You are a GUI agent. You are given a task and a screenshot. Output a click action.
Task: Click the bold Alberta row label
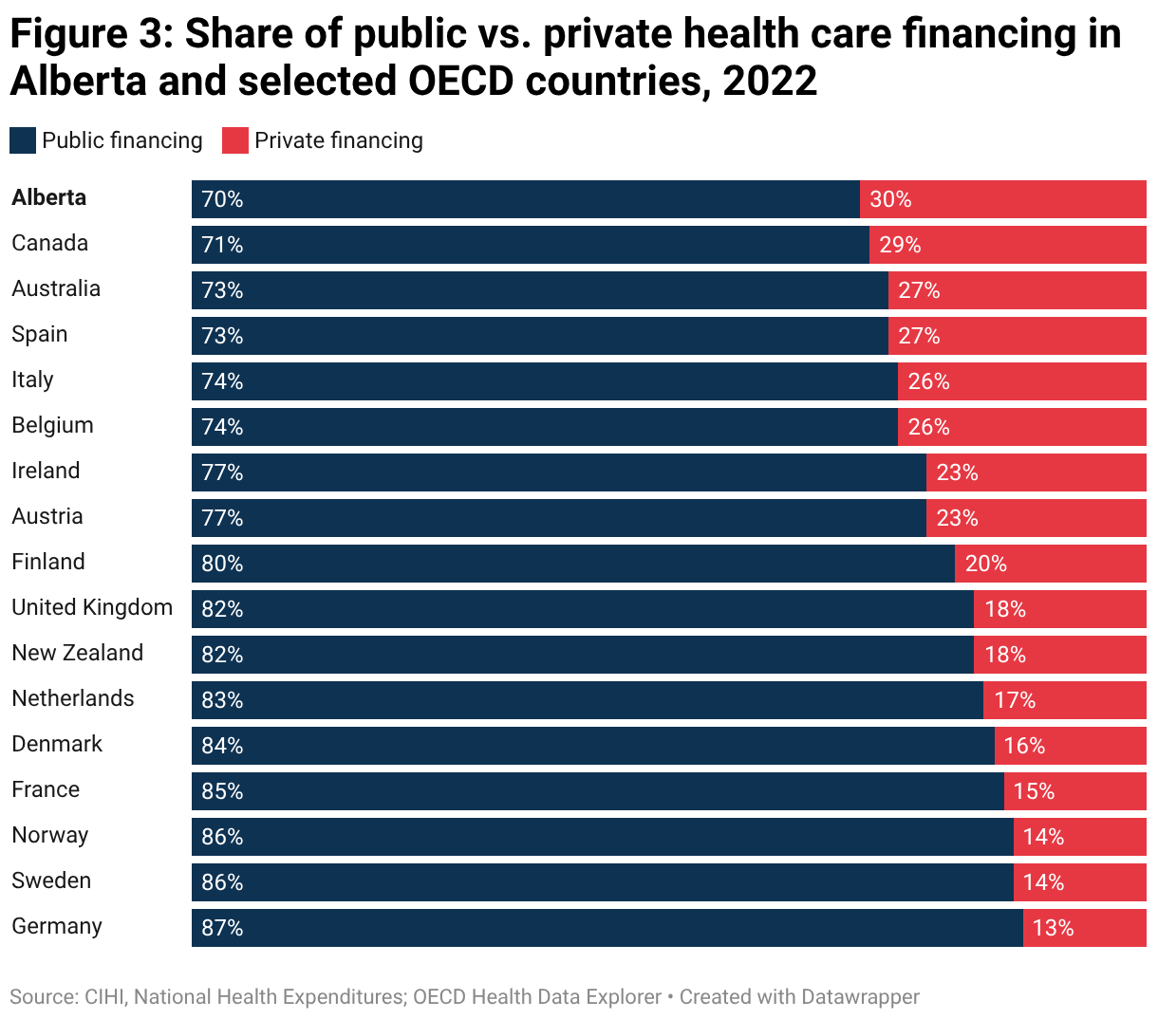[49, 197]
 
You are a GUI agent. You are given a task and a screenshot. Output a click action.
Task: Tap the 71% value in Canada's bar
[222, 245]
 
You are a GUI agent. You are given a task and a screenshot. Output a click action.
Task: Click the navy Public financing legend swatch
[23, 140]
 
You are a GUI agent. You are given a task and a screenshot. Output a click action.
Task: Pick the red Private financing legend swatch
[234, 140]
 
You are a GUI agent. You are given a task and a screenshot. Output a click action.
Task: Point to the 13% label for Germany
[1053, 928]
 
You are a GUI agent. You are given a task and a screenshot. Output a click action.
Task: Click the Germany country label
[57, 926]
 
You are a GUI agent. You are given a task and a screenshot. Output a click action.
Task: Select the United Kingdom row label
[92, 607]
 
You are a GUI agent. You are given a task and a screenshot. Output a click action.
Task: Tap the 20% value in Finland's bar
[985, 564]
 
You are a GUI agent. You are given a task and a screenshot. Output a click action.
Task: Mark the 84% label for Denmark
[222, 746]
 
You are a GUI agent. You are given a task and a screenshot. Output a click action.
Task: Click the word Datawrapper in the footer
[860, 997]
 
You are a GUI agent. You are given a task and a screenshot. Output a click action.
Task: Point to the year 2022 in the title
[770, 82]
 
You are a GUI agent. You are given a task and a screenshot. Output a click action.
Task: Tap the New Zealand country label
[78, 653]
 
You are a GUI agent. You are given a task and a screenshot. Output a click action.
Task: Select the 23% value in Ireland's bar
[957, 472]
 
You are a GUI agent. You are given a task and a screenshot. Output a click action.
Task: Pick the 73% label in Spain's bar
[222, 336]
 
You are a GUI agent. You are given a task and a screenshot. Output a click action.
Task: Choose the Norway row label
[50, 835]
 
